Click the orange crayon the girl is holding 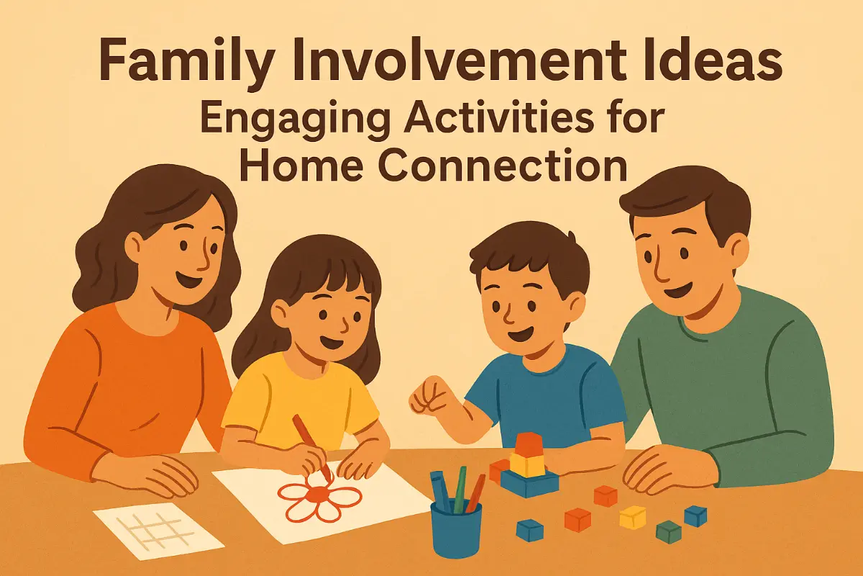(x=311, y=448)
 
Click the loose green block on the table (x=668, y=532)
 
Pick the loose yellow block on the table (x=633, y=517)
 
